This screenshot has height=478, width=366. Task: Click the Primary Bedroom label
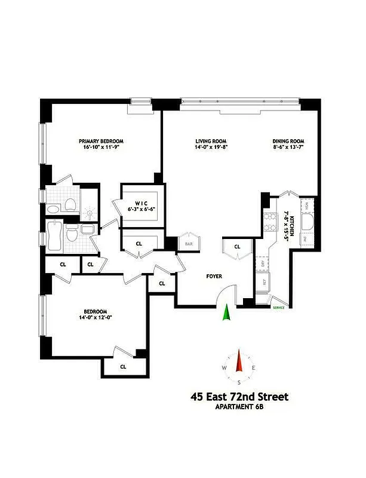click(104, 142)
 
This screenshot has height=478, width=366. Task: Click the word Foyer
click(214, 277)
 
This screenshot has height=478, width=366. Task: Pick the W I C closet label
click(140, 203)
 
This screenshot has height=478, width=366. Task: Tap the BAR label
click(188, 244)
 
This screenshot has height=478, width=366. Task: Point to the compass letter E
click(254, 367)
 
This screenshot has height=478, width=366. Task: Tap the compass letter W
click(224, 367)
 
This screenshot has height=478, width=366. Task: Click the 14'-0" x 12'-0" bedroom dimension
click(96, 318)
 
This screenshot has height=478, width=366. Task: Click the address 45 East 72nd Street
click(239, 396)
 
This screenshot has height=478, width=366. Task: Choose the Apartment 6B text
click(239, 408)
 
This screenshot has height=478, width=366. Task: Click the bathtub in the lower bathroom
click(54, 237)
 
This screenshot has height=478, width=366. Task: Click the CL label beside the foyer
click(236, 246)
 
